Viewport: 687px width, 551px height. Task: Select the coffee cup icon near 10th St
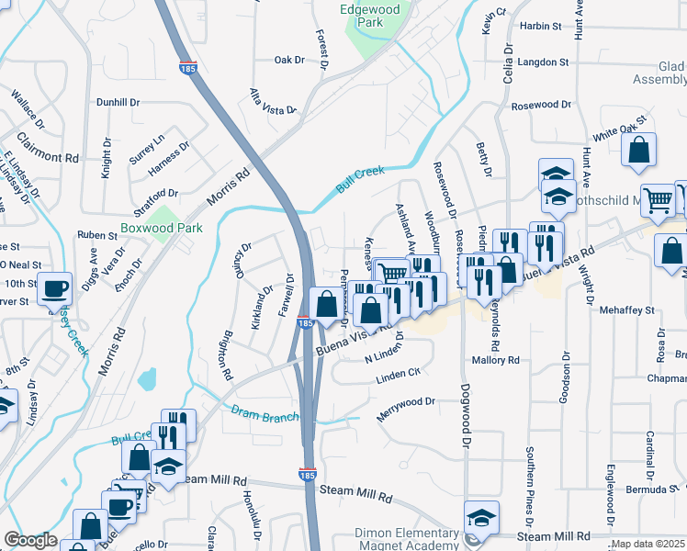click(x=54, y=289)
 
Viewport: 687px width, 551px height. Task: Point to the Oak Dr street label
click(x=288, y=60)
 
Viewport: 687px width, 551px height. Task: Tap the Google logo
click(x=30, y=541)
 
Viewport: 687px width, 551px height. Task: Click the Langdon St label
click(x=543, y=62)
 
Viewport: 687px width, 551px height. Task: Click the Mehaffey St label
click(x=626, y=310)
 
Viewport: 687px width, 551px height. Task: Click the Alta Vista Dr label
click(x=273, y=101)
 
